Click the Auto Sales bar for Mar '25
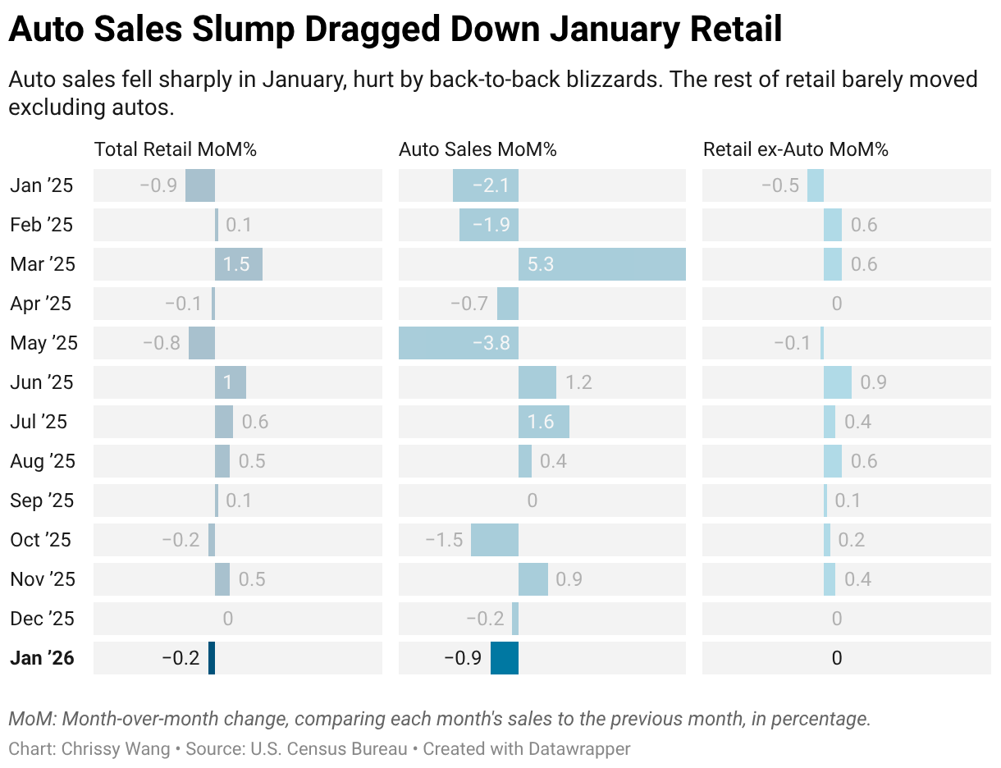601,264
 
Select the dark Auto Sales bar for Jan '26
505,658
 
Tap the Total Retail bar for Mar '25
239,264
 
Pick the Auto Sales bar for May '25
459,343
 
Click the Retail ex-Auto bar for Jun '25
838,382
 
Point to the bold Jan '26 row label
43,658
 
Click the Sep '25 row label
43,501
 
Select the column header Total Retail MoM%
176,149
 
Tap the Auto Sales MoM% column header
478,149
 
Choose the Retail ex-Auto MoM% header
796,149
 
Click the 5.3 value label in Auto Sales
542,264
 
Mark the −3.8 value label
491,343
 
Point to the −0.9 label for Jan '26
463,658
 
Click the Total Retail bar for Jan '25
200,185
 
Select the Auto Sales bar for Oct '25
495,540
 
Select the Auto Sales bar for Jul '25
544,422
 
